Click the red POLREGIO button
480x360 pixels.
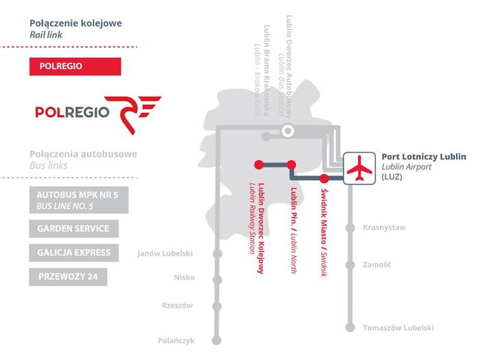75,67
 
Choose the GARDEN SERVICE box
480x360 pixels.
74,228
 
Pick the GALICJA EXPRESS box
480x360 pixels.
74,252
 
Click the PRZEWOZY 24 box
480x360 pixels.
68,277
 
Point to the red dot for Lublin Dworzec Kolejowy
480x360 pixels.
259,164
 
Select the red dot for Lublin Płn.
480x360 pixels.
291,164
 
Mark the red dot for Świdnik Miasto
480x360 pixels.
324,179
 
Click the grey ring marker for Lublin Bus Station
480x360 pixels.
289,130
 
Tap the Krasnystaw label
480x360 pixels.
384,228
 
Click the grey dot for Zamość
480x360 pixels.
351,264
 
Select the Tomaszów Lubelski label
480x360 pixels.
398,328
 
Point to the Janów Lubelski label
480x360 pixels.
165,254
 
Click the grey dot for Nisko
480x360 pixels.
218,278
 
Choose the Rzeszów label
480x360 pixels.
178,305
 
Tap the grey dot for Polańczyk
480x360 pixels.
218,340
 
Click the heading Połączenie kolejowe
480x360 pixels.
75,23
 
